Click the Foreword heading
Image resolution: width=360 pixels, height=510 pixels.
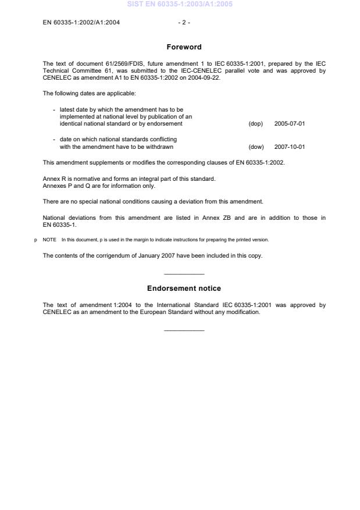coord(184,47)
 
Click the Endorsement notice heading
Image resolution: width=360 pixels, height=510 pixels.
coord(184,288)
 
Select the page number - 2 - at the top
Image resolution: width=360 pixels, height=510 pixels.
coord(184,23)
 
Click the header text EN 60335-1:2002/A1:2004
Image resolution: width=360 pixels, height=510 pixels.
coord(81,23)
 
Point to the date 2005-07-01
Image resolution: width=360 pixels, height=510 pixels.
coord(289,123)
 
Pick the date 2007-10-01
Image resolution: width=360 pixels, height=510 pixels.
coord(289,147)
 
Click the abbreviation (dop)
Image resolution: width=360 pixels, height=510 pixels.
coord(255,123)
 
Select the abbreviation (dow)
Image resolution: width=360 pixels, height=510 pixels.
coord(255,147)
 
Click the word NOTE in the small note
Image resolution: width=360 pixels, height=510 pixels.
coord(49,240)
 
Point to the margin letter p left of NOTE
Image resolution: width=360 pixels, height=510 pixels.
coord(36,240)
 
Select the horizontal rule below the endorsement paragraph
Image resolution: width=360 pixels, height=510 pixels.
coord(184,330)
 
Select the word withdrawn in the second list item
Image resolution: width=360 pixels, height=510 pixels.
coord(161,147)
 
